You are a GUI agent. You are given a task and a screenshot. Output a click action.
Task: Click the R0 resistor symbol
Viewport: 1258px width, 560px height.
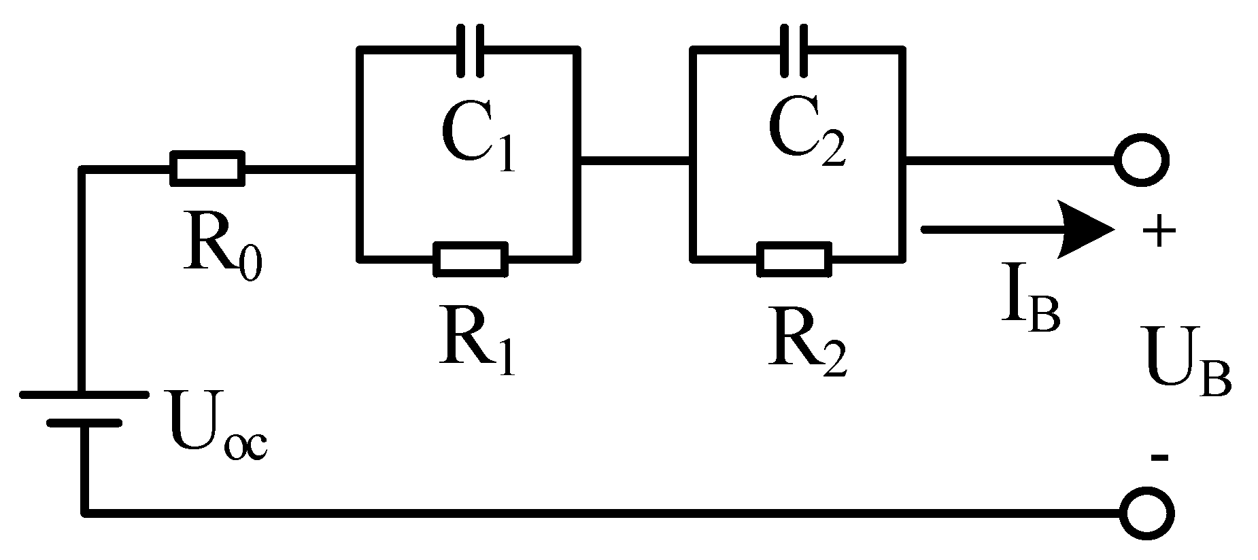pos(207,168)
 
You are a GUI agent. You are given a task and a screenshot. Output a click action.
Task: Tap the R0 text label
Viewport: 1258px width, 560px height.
pos(222,249)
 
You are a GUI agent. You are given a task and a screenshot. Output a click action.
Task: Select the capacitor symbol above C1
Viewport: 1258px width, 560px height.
pos(470,50)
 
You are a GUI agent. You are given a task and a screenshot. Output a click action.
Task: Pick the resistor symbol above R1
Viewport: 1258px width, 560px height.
pos(471,259)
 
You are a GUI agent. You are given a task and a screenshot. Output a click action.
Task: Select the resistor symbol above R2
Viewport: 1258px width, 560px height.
pos(794,259)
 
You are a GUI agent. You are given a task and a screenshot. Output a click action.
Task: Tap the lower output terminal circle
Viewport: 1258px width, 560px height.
pos(1146,512)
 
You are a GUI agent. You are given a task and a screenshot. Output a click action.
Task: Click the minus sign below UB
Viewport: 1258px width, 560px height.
pos(1159,458)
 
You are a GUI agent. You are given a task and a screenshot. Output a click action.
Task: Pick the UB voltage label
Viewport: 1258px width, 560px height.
pos(1187,370)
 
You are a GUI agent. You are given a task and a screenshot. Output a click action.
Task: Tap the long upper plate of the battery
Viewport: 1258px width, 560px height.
pos(83,394)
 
